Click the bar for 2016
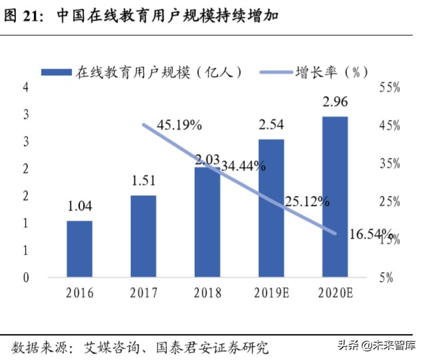79,249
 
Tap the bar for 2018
207,222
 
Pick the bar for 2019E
271,208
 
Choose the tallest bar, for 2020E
335,197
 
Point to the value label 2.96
335,103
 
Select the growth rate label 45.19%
179,125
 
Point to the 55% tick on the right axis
390,87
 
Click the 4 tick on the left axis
26,87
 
